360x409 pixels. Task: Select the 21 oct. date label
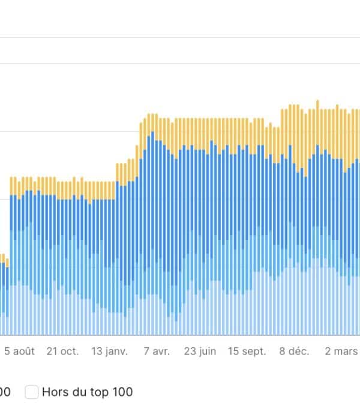pos(62,351)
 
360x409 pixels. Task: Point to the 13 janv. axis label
pos(109,351)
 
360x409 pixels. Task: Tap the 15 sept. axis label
pos(247,351)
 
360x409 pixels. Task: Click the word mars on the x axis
pos(345,351)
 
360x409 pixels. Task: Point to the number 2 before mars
pos(328,351)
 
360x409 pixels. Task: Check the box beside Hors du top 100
pos(32,392)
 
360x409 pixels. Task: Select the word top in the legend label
pos(97,392)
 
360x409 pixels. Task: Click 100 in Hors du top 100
pos(121,392)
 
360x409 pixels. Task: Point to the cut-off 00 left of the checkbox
pos(5,392)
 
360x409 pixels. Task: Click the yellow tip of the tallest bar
pos(317,103)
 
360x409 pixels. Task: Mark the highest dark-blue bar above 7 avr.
pos(153,134)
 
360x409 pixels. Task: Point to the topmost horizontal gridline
pos(180,37)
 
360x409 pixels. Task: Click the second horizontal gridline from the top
pos(180,63)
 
